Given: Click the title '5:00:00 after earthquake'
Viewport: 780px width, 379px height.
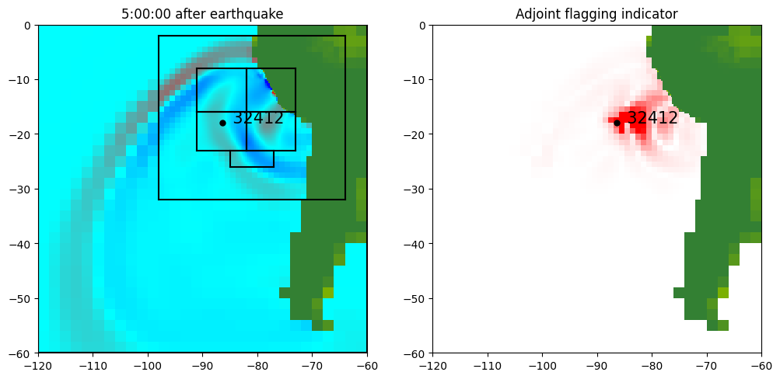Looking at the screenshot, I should point(202,13).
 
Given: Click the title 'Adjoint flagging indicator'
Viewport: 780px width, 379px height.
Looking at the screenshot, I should point(596,13).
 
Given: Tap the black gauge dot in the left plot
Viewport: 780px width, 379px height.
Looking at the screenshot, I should point(222,123).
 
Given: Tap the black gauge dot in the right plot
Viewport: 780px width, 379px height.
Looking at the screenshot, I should point(617,123).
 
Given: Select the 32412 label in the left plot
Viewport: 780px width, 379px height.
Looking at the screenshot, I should point(258,118).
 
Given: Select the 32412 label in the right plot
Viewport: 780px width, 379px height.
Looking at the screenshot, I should point(652,118).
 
